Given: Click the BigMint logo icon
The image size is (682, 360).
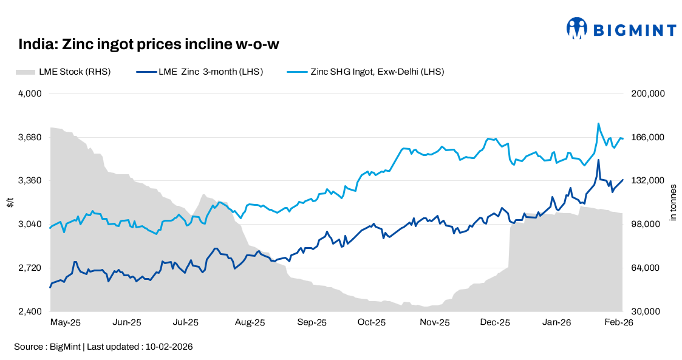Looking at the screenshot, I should (576, 28).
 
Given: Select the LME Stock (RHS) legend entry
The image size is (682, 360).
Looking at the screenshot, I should (63, 72).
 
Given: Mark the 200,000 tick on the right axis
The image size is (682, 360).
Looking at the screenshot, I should (649, 93).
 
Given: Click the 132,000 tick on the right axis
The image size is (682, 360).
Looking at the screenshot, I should (649, 181).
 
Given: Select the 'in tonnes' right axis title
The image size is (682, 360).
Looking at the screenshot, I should (672, 203).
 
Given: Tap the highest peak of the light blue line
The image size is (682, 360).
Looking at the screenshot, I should (599, 123).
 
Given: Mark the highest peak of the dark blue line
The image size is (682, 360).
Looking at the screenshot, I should (598, 160).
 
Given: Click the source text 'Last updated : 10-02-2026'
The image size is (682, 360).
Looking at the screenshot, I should (140, 347).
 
